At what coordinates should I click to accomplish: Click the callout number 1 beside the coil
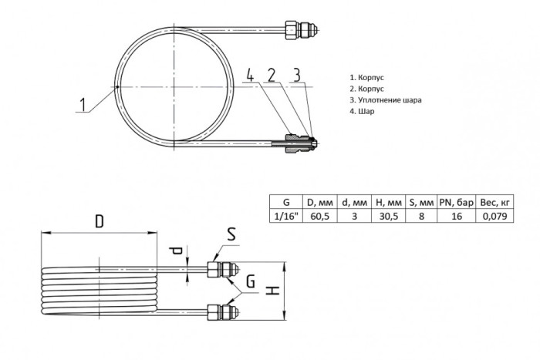83,105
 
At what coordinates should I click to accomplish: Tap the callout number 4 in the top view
250,75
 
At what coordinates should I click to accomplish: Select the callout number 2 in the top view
272,75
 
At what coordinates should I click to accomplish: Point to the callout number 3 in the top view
296,75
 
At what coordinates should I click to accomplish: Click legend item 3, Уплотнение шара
386,100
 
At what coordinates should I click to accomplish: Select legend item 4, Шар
362,111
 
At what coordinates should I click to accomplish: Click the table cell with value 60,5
320,216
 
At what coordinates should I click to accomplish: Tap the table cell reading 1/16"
286,216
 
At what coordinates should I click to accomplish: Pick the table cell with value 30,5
389,216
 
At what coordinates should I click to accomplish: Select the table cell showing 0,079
494,216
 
